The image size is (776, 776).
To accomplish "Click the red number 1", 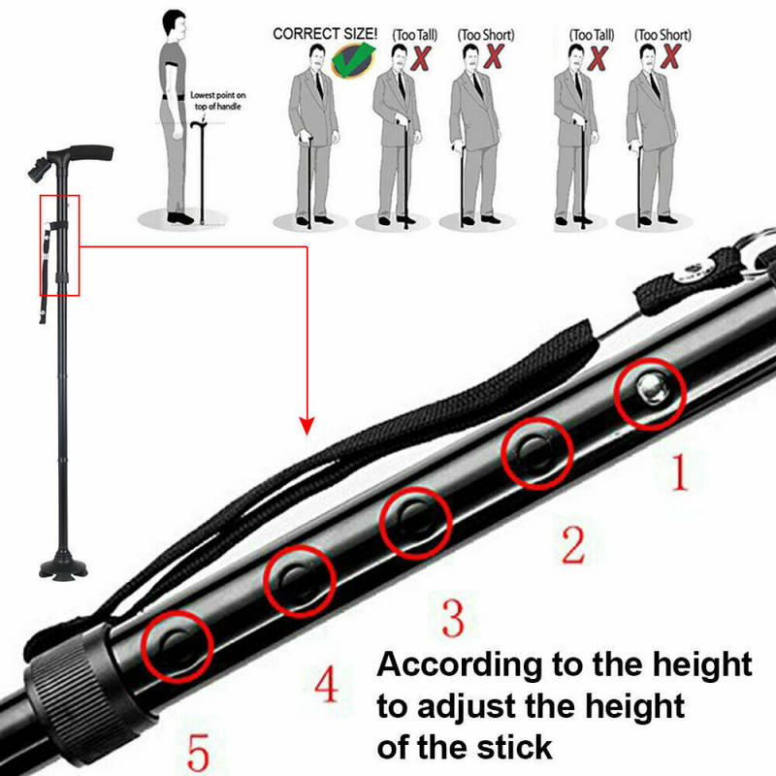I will point(679,472).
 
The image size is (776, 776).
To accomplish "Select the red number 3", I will point(453,617).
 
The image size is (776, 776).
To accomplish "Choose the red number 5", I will point(199,752).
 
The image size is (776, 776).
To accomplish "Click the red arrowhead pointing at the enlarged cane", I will point(307,425).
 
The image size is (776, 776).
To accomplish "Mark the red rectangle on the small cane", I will point(59,245).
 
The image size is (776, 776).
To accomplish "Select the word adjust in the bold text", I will point(466,707).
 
